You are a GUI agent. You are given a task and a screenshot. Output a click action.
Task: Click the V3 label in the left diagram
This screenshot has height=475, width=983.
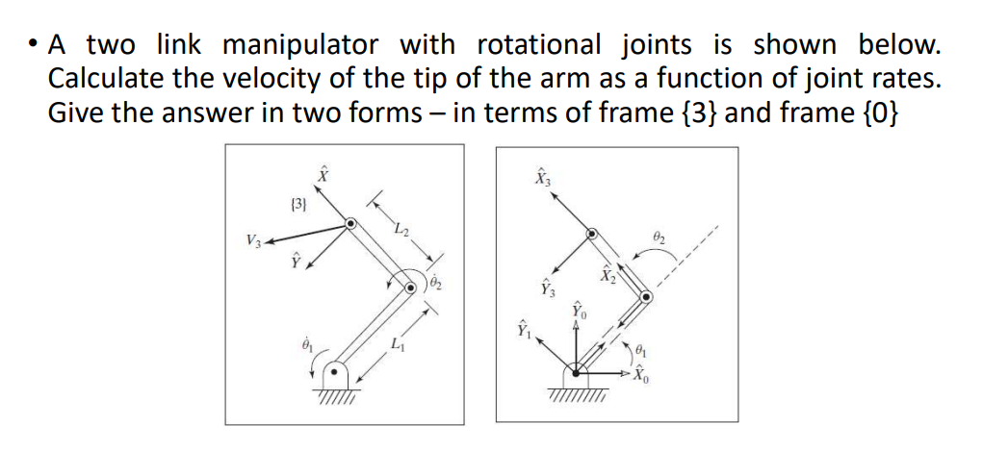coord(251,239)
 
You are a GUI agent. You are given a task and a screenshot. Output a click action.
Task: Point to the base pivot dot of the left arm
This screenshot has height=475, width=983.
coord(334,369)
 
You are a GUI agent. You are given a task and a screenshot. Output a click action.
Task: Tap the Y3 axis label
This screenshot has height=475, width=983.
coord(548,287)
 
